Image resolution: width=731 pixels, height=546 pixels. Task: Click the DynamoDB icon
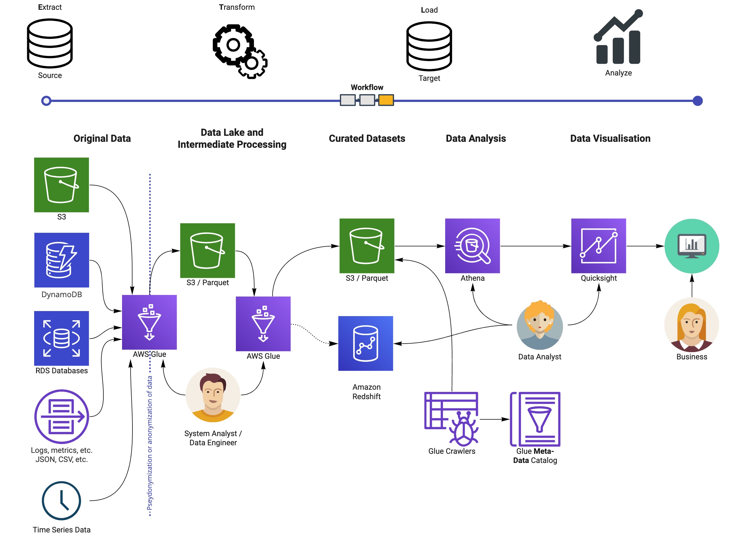61,260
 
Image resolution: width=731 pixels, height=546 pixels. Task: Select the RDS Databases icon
61,338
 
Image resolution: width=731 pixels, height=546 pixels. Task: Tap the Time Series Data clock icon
61,501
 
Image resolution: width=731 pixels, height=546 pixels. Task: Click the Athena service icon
472,246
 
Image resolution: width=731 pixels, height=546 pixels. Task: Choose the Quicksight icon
599,246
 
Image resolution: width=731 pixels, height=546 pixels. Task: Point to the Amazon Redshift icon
365,343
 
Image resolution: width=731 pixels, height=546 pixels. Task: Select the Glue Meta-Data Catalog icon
535,419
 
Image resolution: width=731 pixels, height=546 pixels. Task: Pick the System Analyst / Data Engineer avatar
213,395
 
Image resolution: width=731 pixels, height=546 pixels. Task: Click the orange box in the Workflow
386,100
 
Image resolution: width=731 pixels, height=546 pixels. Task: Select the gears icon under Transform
240,51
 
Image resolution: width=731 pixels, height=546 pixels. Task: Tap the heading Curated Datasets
367,138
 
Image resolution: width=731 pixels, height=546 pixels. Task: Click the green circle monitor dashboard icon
692,246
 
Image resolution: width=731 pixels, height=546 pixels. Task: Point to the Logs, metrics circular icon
61,416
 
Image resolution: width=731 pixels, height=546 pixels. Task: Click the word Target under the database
429,78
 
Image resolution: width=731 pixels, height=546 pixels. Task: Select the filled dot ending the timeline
697,101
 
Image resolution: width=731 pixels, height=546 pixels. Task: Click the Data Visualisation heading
610,138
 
